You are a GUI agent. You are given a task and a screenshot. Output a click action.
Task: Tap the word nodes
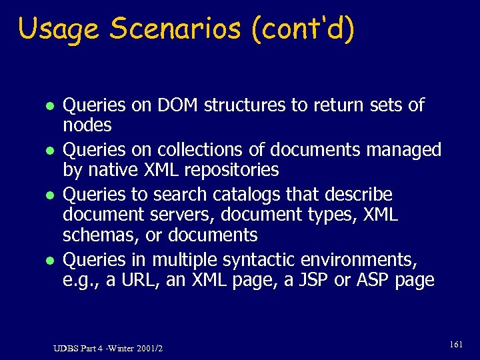(87, 125)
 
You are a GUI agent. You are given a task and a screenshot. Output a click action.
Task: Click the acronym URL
(141, 279)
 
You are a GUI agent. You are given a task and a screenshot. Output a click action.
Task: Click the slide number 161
(456, 345)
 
